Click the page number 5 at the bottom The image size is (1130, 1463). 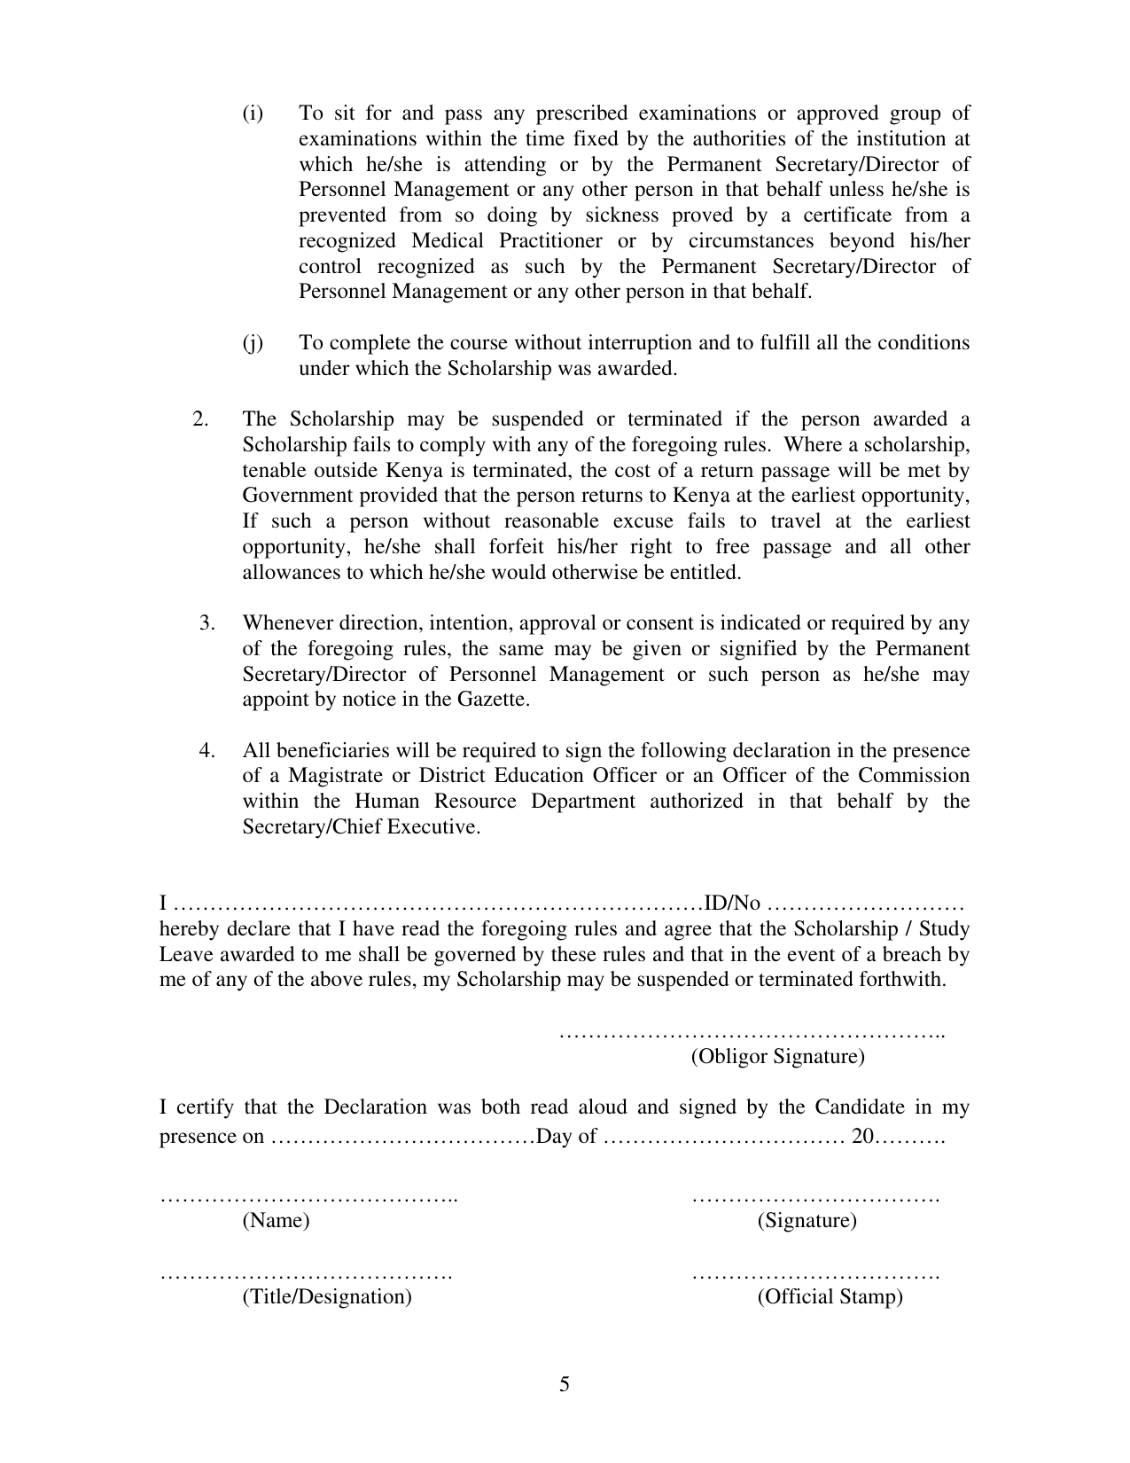(565, 1384)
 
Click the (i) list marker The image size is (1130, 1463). (253, 113)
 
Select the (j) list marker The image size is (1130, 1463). (253, 343)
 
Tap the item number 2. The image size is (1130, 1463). (200, 419)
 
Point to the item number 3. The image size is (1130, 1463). (207, 623)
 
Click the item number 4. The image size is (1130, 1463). (207, 751)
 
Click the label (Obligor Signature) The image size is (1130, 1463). (777, 1056)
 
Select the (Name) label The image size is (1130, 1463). (276, 1220)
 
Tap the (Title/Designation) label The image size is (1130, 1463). (327, 1297)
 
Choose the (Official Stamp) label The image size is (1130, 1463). (830, 1297)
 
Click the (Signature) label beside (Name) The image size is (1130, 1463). (807, 1220)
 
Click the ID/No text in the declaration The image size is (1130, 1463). (732, 904)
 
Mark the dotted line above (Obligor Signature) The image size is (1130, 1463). (752, 1034)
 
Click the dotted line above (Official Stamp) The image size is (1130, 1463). (814, 1276)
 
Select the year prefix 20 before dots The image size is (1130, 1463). (862, 1136)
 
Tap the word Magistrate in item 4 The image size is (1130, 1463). (331, 776)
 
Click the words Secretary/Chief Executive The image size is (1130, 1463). (361, 827)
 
